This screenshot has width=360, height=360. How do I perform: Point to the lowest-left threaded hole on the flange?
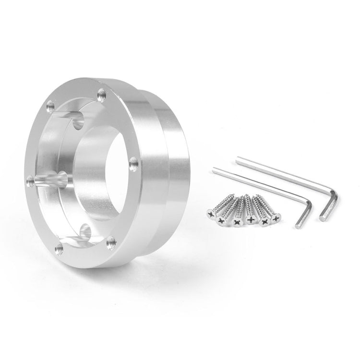tap(59, 248)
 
